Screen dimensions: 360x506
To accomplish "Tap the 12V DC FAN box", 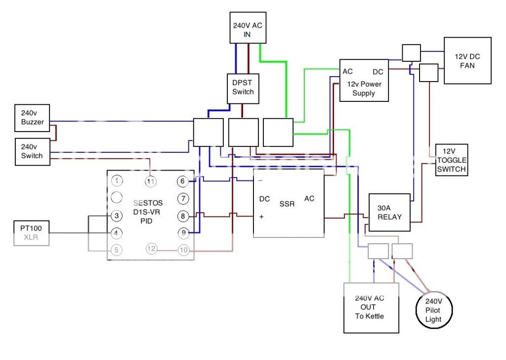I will (x=467, y=60).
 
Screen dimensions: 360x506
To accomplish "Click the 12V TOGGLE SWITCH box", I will (x=448, y=160).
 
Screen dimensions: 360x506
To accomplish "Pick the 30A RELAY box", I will (x=390, y=213).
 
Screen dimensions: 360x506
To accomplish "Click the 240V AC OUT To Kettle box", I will (x=371, y=308).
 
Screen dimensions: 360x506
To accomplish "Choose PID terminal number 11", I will (x=151, y=181).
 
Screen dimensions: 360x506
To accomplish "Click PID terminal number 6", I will (x=182, y=181).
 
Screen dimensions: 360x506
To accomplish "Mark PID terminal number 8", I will (x=182, y=216).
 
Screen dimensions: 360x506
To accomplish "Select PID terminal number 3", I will (x=116, y=216).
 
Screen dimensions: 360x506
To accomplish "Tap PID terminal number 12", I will (x=151, y=250).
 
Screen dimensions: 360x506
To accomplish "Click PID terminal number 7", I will (x=182, y=199).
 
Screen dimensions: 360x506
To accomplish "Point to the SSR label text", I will (x=287, y=204).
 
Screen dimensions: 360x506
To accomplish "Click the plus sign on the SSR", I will (x=261, y=217).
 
